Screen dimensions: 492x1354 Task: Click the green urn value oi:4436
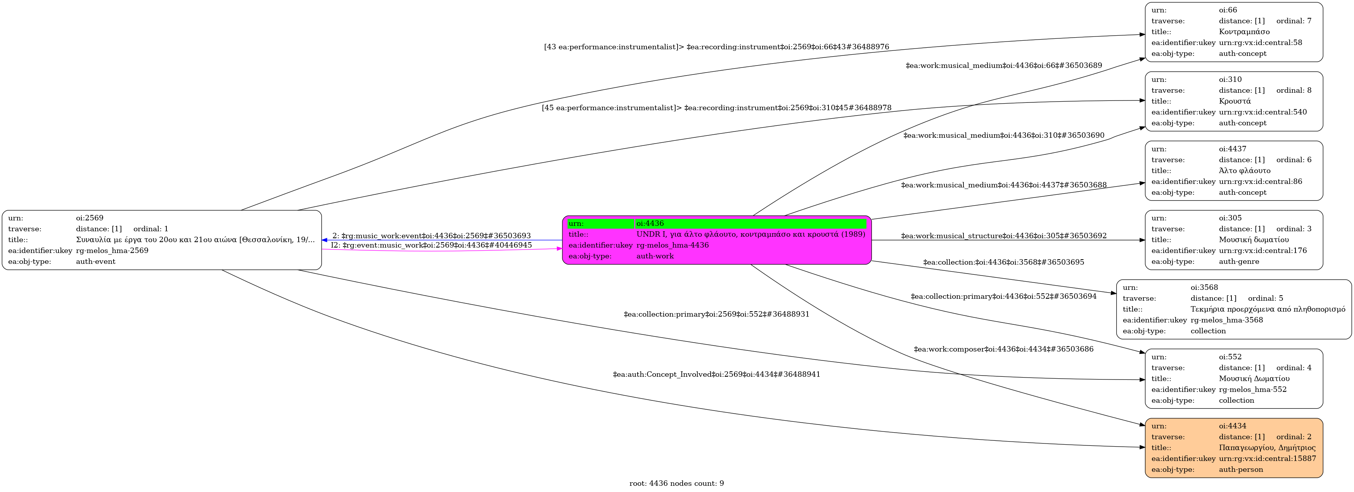click(650, 223)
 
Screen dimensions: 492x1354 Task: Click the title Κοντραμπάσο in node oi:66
click(1244, 31)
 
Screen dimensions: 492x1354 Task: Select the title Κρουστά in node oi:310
click(1235, 101)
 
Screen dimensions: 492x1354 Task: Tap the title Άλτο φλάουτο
click(1244, 170)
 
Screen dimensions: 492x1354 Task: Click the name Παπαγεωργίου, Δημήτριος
click(1267, 447)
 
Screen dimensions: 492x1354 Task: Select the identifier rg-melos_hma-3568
click(1226, 320)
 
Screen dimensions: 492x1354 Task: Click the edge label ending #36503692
click(1003, 236)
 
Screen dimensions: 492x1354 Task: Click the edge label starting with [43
click(716, 47)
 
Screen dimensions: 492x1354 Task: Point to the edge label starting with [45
click(716, 108)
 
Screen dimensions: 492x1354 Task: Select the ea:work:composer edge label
click(1003, 349)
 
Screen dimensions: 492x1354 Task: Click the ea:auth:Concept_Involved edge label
click(716, 374)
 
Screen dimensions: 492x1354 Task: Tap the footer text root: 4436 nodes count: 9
click(676, 483)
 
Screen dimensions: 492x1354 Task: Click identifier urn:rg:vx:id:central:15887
click(1267, 458)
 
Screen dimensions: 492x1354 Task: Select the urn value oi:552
click(1230, 357)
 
